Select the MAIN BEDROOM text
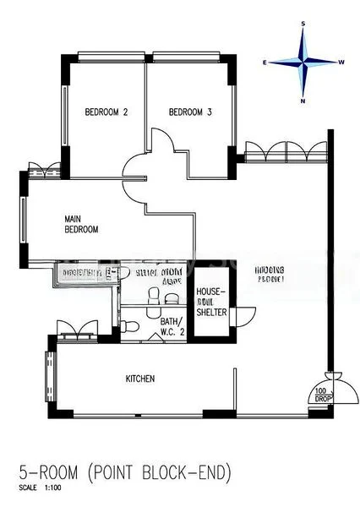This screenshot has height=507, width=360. (82, 224)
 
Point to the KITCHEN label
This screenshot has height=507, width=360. (140, 379)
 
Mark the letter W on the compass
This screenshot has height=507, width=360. (341, 63)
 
